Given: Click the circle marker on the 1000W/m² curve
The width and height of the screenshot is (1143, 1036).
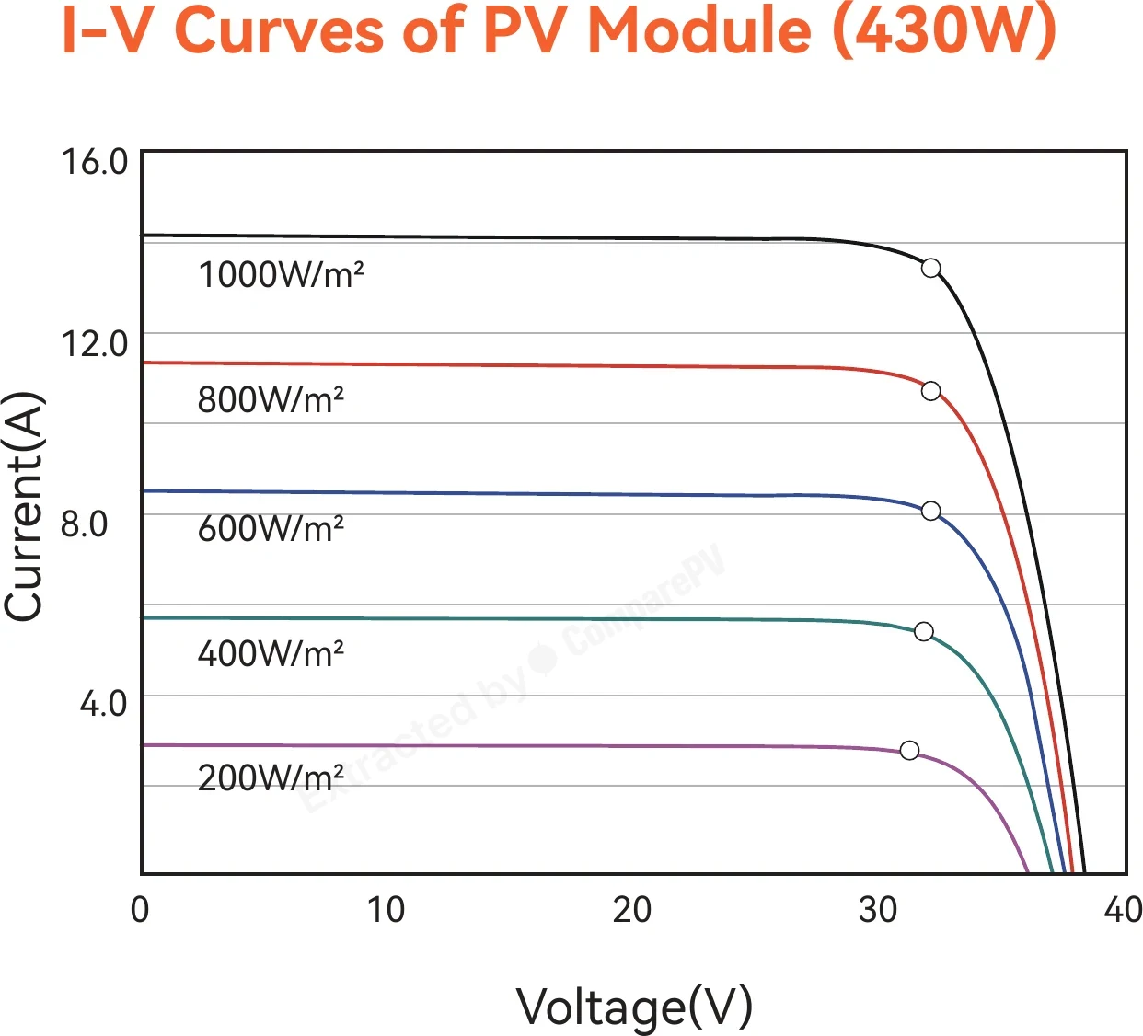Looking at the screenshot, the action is [930, 268].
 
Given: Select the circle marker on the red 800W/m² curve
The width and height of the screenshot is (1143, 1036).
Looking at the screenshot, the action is [930, 391].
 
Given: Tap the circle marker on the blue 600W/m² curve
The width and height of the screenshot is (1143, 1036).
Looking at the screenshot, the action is [930, 511].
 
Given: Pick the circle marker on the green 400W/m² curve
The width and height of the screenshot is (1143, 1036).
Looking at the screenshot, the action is [924, 631].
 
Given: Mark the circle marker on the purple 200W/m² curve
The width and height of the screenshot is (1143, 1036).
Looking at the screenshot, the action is [909, 750].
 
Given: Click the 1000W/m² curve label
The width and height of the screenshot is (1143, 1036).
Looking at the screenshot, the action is [281, 275].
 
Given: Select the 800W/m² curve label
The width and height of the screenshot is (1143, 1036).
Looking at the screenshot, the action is [271, 399].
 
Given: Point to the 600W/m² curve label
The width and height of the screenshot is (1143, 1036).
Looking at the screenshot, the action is [271, 528].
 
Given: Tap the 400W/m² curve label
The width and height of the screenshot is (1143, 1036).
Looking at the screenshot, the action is [271, 653].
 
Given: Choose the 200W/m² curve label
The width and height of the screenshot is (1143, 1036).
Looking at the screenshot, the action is [271, 777].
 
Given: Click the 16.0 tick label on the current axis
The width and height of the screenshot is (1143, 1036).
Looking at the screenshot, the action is [95, 162].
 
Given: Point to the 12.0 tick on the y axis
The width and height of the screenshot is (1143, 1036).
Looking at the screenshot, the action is [95, 343].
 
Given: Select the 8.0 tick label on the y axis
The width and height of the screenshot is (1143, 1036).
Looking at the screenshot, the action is [84, 524].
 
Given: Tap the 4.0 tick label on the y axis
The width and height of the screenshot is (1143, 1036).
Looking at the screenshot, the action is [103, 704].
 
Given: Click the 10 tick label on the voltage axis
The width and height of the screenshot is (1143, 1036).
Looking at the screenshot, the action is [386, 910].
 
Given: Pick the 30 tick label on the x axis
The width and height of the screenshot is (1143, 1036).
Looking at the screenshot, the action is [877, 910].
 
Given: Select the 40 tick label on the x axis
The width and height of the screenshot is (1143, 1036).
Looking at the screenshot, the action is [1123, 910].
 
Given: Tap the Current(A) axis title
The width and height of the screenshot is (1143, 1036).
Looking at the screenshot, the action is [24, 506].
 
